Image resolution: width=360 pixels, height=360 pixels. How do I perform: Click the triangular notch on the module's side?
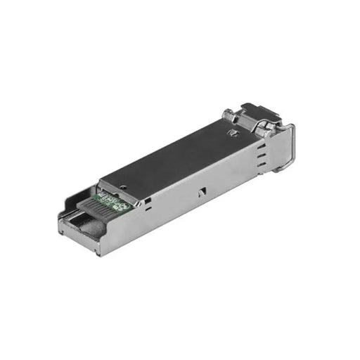point(202,190)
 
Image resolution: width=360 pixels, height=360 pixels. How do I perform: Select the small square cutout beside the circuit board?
point(147,202)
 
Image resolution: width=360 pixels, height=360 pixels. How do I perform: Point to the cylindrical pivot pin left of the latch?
point(229,115)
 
